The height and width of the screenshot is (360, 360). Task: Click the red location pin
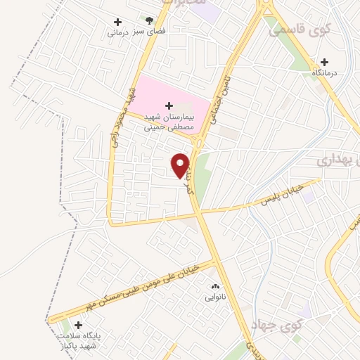[x=181, y=165]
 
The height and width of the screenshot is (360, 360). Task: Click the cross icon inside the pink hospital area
[x=169, y=105]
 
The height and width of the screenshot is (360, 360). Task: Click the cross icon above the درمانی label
[x=117, y=21]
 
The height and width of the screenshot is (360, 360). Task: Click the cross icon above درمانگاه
[x=323, y=61]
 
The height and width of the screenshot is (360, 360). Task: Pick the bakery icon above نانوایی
[x=215, y=286]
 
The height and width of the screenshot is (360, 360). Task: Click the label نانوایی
[x=215, y=297]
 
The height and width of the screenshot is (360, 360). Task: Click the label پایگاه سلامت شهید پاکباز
[x=79, y=342]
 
